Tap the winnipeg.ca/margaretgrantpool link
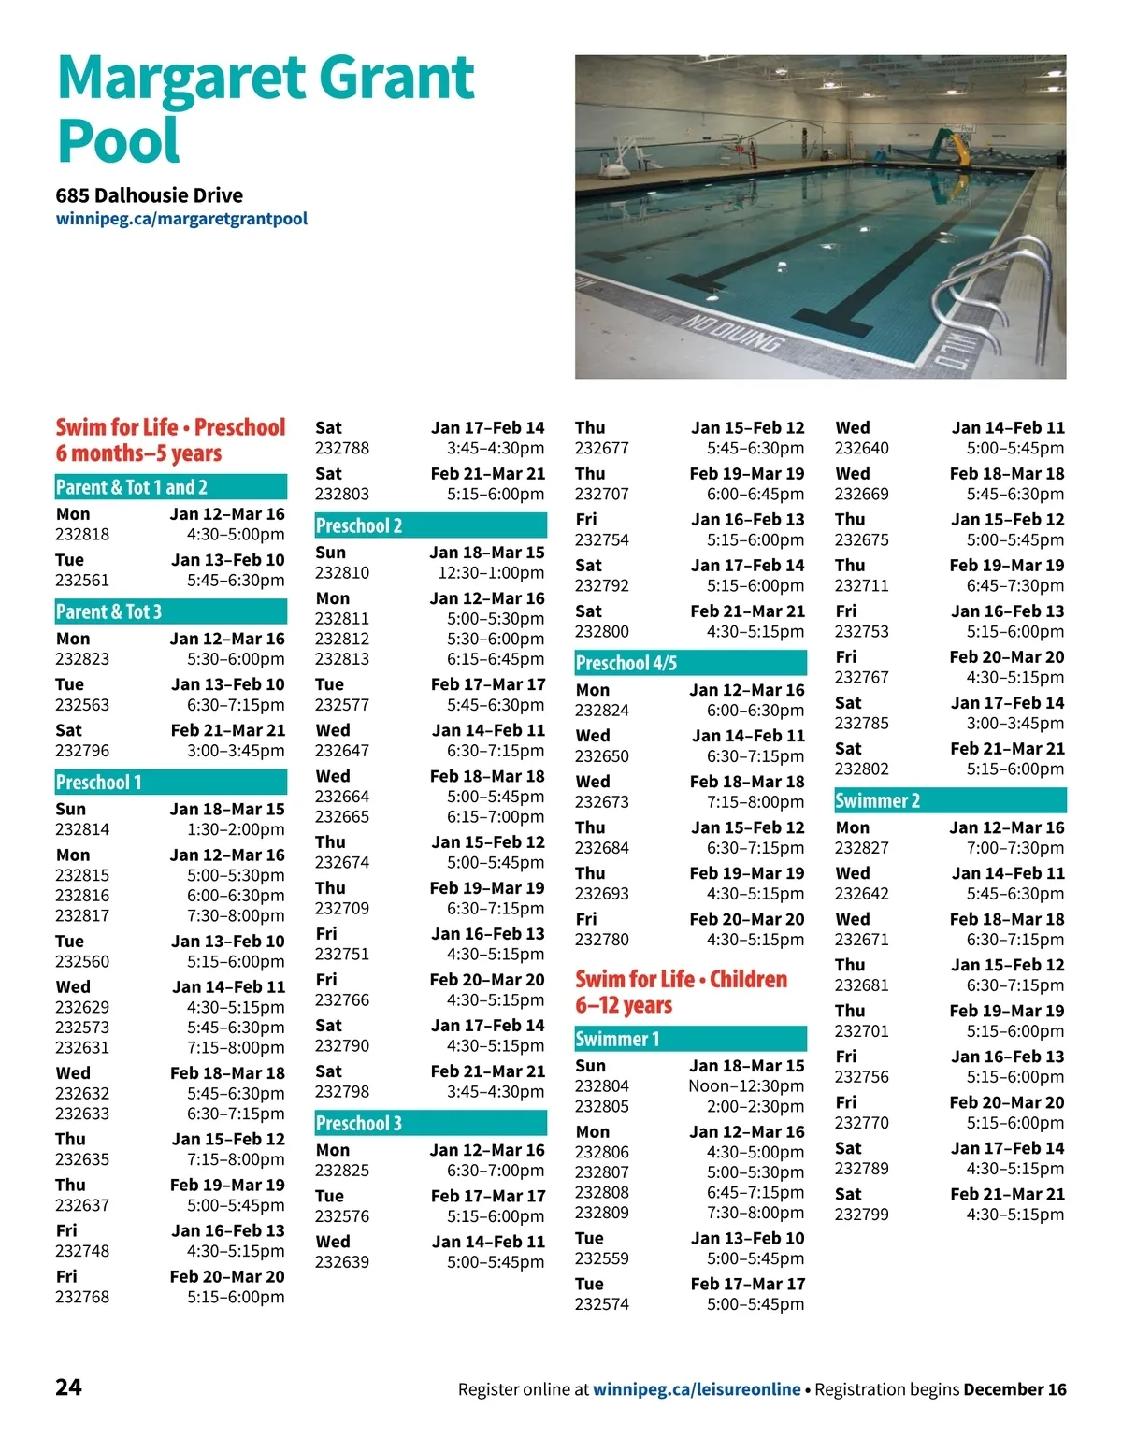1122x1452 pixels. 181,219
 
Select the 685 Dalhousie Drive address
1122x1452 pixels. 150,195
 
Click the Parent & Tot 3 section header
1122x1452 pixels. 109,612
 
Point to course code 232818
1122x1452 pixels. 82,535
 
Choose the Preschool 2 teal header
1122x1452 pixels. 359,525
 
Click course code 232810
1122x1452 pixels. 342,573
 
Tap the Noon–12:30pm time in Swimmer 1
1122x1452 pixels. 746,1086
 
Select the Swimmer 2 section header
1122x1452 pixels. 878,801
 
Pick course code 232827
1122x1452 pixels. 862,848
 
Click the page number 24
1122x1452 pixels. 68,1387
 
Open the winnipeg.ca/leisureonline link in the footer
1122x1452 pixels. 697,1389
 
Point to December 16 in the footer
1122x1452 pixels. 1014,1389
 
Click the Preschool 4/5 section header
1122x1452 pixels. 626,664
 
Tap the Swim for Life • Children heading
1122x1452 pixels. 682,980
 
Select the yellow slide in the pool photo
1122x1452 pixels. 958,147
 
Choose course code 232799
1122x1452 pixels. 862,1215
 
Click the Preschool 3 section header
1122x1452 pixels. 359,1124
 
